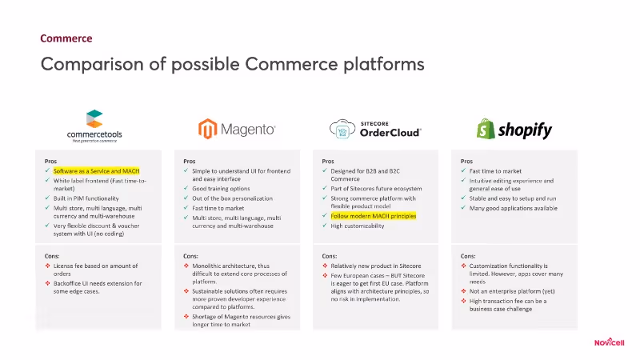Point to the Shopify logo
point(514,129)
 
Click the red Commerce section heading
point(66,38)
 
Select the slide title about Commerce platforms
point(232,63)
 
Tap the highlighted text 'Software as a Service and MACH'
point(97,171)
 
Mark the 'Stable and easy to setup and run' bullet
point(513,198)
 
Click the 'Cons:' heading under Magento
point(192,256)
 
